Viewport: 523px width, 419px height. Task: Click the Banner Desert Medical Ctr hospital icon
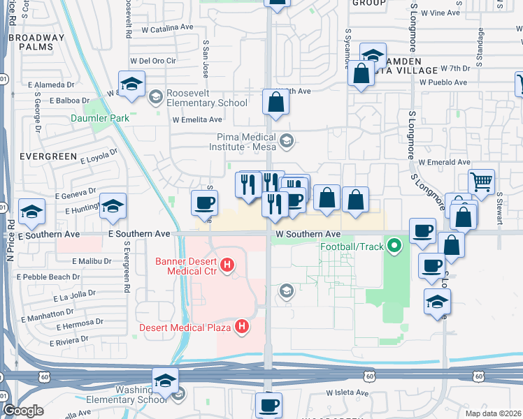click(x=227, y=265)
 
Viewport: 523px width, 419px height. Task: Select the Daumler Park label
click(x=100, y=118)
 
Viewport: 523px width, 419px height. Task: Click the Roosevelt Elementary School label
click(x=206, y=103)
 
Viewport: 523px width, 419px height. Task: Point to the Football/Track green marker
click(x=395, y=246)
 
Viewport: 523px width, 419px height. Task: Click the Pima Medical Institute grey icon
click(x=286, y=142)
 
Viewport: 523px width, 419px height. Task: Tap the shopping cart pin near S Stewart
click(x=481, y=182)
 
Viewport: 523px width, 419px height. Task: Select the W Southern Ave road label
click(x=308, y=234)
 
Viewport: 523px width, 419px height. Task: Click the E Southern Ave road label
click(x=139, y=233)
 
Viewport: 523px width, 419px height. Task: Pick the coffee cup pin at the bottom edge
click(x=268, y=404)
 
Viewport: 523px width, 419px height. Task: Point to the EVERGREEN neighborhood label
click(x=48, y=156)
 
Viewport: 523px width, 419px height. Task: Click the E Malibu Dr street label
click(x=92, y=261)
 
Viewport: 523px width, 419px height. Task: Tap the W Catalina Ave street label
click(x=167, y=28)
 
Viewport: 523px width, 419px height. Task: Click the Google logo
click(x=23, y=411)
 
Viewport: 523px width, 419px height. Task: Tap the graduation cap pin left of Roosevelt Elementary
click(x=131, y=83)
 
